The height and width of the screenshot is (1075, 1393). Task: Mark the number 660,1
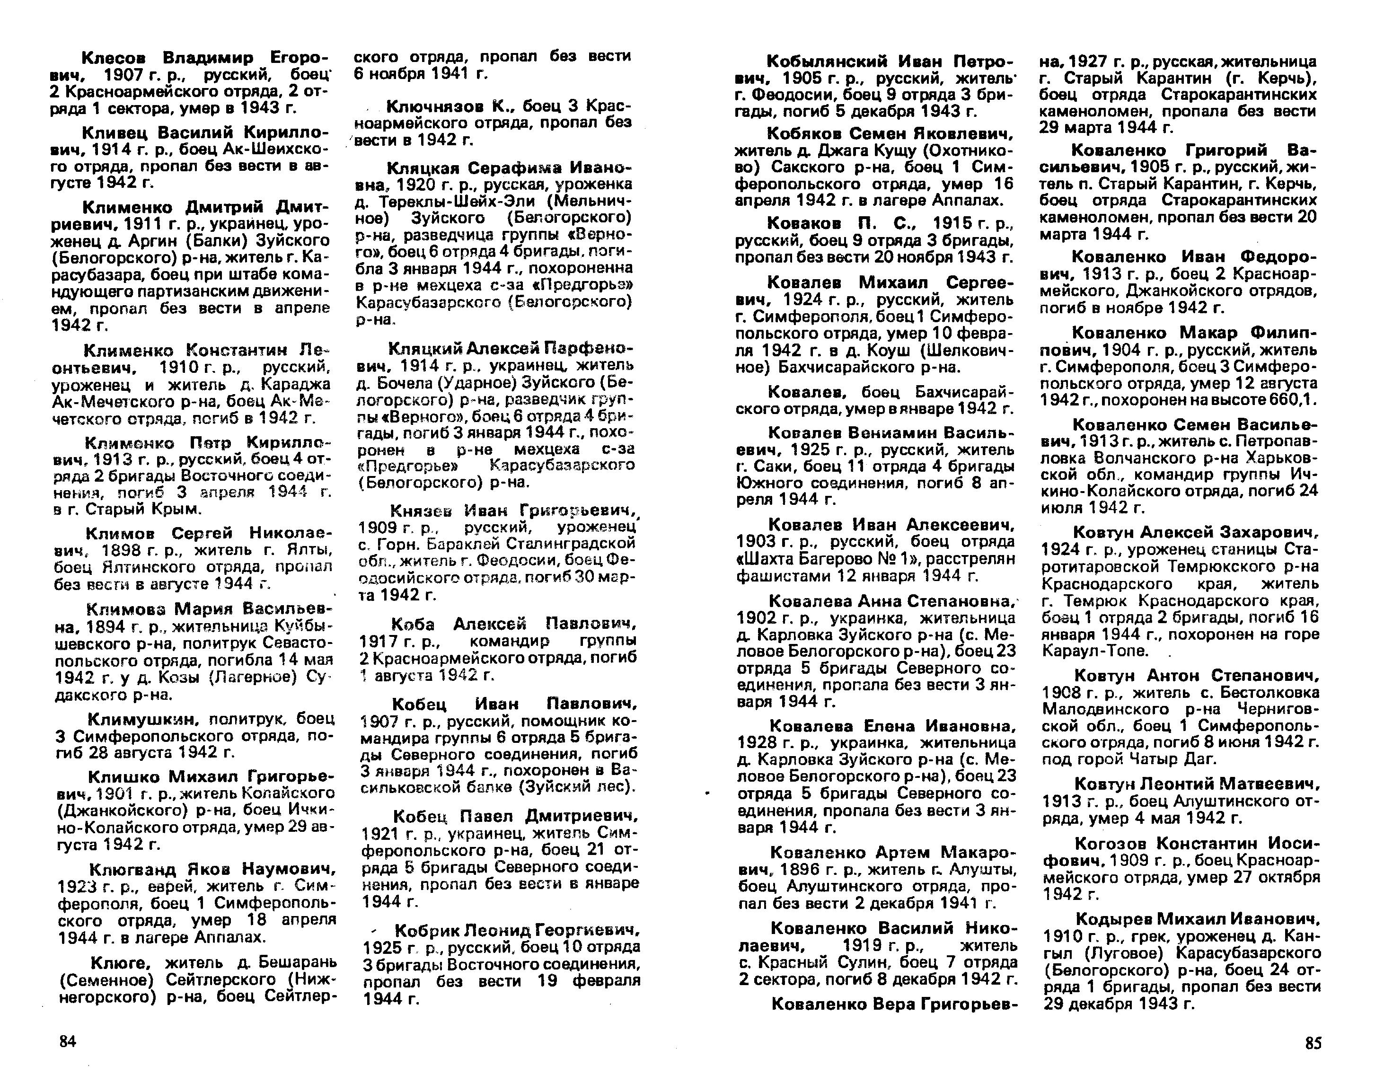tap(1292, 400)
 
